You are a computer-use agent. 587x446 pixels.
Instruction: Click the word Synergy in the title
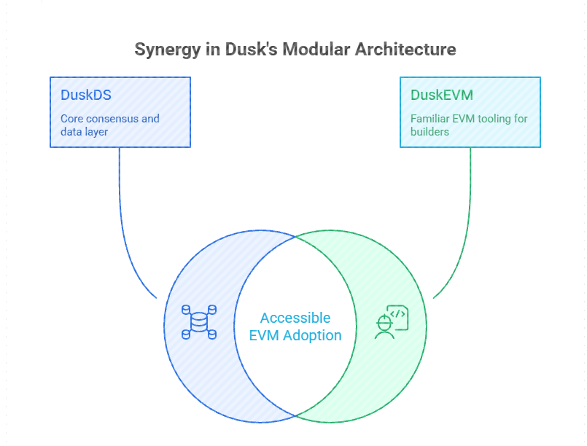[167, 50]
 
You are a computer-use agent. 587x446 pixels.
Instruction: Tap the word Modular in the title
[316, 49]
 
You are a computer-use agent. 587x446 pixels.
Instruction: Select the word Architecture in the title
[405, 49]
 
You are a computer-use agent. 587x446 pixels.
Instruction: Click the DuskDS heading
[86, 95]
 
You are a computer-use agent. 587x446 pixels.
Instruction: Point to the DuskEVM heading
[442, 95]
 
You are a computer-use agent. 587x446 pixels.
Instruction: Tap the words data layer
[85, 132]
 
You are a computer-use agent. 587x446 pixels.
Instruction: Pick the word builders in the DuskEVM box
[429, 132]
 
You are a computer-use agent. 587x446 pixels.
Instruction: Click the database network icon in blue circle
[199, 322]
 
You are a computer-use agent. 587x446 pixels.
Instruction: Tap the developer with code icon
[392, 322]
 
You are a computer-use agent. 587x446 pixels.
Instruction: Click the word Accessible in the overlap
[295, 318]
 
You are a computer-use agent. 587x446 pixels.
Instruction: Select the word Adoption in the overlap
[312, 336]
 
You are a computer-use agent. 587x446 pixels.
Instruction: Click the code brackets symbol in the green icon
[397, 313]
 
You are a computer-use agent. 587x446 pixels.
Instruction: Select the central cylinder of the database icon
[199, 322]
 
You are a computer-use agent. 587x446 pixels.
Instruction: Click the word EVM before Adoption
[264, 336]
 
